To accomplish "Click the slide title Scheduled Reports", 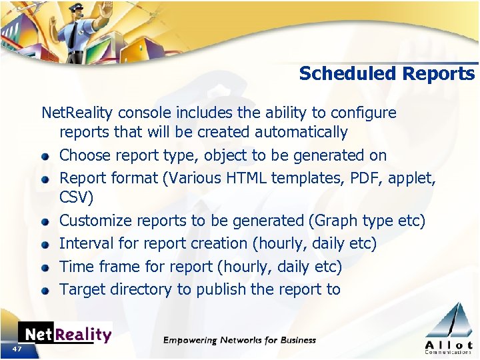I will (387, 73).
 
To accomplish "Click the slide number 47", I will (17, 349).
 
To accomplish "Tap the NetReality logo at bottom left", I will (65, 333).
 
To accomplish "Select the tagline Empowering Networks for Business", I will (240, 340).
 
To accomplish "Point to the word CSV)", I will (77, 198).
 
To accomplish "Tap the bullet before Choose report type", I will (45, 157).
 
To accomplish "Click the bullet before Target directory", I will (45, 291).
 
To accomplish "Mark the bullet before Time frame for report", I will (45, 268).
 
